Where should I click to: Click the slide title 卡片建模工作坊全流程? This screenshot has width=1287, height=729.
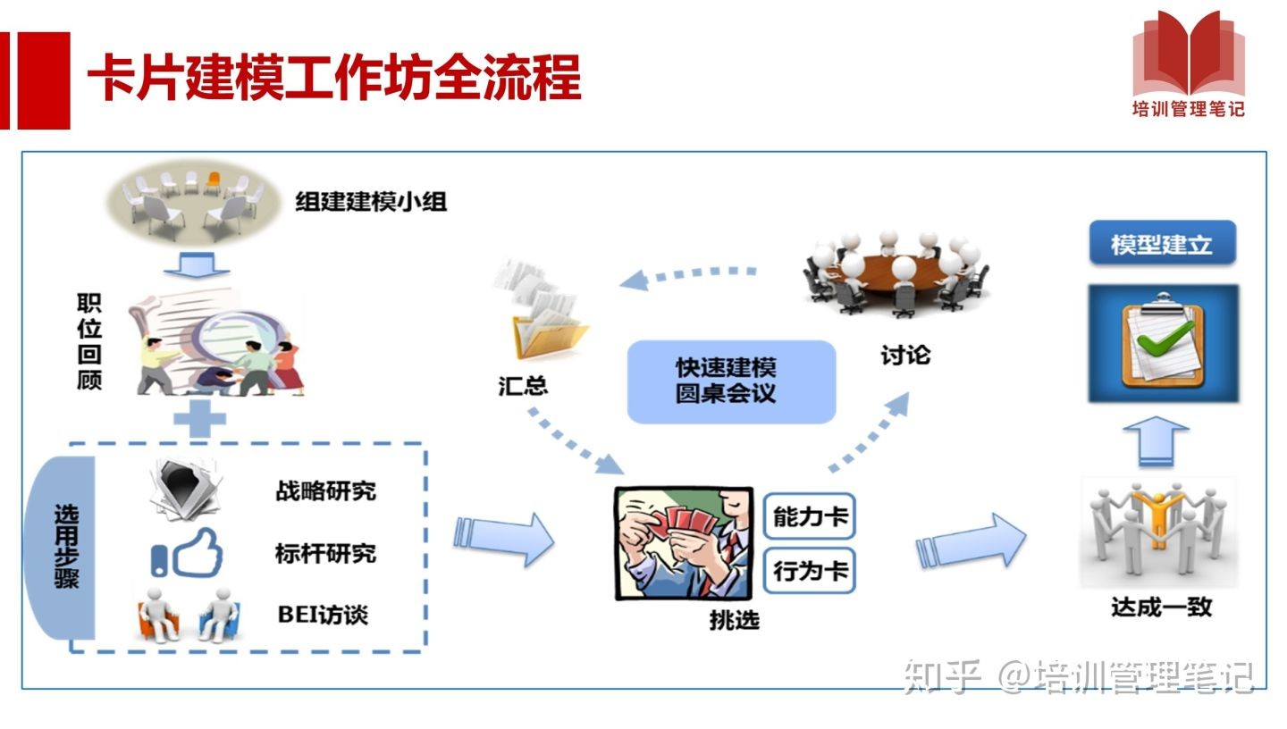tap(334, 79)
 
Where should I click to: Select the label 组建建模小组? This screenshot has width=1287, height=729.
tap(371, 202)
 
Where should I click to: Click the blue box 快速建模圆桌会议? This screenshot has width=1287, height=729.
tap(731, 381)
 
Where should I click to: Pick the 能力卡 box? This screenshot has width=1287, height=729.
tap(810, 516)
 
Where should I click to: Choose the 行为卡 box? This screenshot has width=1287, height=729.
tap(810, 570)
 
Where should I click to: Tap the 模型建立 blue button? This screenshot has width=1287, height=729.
tap(1162, 243)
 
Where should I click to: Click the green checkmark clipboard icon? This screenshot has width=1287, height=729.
tap(1163, 343)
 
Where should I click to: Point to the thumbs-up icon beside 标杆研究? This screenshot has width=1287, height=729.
tap(188, 553)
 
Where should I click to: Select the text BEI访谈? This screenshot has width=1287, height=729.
tap(323, 615)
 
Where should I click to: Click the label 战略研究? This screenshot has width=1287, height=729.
tap(325, 491)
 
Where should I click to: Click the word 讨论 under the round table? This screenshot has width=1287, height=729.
tap(904, 355)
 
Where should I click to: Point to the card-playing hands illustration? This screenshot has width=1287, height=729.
tap(683, 542)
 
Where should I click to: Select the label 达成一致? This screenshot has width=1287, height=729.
tap(1161, 607)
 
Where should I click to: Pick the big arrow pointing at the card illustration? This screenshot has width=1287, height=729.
tap(505, 540)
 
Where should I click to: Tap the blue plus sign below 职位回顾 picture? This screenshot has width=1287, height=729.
tap(198, 417)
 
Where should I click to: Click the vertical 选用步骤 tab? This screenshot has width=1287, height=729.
tap(64, 547)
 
